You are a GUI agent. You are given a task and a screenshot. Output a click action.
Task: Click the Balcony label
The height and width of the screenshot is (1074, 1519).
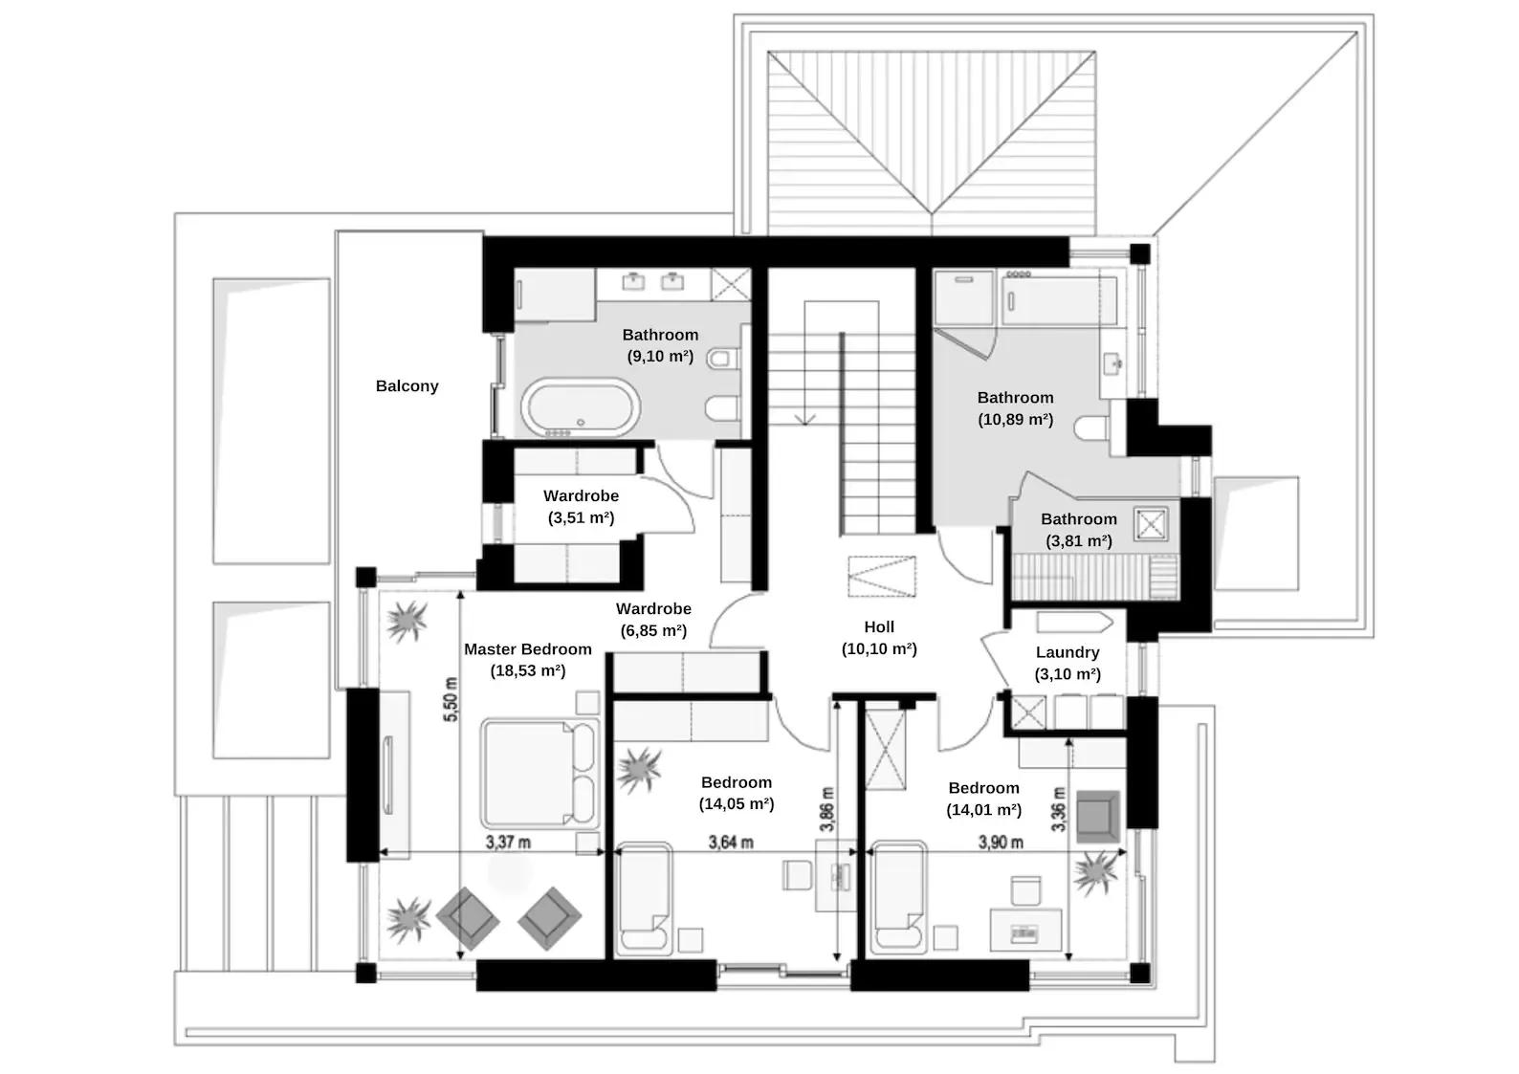tap(407, 386)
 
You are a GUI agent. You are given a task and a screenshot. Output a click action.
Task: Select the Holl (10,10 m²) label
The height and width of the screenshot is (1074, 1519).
tap(879, 638)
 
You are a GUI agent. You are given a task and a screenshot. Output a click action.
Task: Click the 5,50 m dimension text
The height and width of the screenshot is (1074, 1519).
tap(451, 699)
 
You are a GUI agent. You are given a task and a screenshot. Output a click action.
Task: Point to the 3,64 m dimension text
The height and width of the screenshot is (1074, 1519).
tap(730, 843)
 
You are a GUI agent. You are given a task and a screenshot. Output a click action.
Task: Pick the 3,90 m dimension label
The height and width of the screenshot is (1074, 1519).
tap(1001, 843)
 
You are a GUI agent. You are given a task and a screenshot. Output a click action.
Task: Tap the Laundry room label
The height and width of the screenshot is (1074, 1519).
tap(1068, 663)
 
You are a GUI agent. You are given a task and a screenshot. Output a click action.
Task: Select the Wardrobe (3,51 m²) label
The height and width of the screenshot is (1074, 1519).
tap(581, 507)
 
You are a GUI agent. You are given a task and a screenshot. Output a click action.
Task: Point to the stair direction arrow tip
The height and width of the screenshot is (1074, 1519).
tap(805, 422)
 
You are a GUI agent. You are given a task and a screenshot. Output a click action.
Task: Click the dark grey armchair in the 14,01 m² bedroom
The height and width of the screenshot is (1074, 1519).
tap(1099, 816)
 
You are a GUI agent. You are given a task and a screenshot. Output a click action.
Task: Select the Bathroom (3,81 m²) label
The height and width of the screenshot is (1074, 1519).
tap(1078, 530)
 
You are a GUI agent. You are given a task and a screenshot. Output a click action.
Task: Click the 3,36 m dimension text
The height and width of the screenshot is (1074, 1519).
tap(1058, 808)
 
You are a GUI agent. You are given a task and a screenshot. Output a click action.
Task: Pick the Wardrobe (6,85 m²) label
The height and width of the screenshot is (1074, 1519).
tap(653, 620)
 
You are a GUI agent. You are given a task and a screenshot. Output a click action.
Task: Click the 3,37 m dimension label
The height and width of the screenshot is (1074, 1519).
tap(508, 843)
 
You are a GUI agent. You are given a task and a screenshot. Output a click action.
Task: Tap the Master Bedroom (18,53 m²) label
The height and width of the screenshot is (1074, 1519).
tap(528, 660)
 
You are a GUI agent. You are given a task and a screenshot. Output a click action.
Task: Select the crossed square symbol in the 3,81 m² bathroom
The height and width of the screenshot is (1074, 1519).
tap(1151, 525)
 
